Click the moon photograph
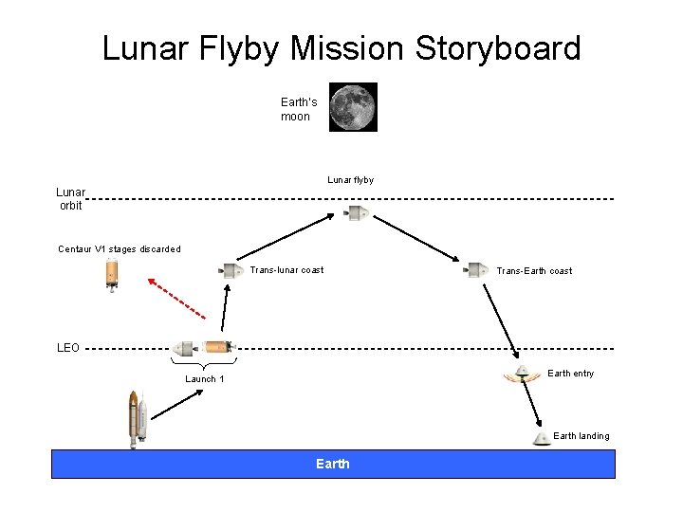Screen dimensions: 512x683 tap(353, 107)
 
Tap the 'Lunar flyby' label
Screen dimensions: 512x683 tap(350, 180)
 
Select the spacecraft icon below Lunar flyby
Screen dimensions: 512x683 tap(357, 212)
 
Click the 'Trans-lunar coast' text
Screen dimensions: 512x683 tap(286, 270)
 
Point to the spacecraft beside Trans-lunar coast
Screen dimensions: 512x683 tap(231, 270)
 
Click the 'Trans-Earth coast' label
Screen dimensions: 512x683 tap(534, 271)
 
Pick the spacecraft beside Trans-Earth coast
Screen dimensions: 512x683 tap(477, 270)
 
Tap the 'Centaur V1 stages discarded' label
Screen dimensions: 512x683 tap(120, 249)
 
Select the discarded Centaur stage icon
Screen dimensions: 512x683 tap(112, 274)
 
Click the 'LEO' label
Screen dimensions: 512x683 tap(68, 348)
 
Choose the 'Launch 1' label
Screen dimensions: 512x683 tap(205, 379)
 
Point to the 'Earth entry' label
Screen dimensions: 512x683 tap(571, 374)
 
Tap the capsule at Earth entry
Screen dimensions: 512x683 tap(521, 374)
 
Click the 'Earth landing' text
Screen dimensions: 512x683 tap(581, 436)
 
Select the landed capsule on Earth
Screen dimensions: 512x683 tap(542, 438)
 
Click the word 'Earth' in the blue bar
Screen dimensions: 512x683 tap(333, 464)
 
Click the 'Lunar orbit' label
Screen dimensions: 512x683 tap(70, 198)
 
